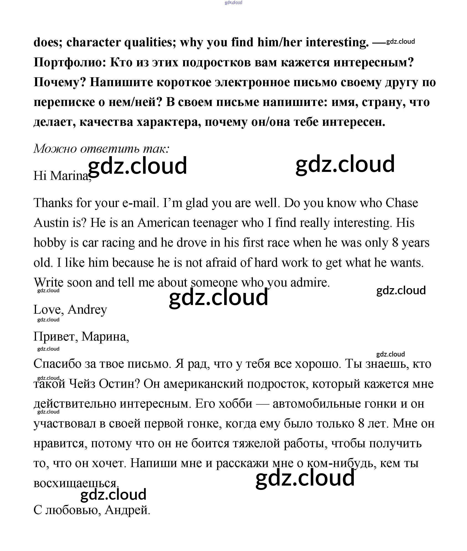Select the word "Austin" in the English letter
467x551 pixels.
coord(51,223)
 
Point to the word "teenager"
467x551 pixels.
coord(215,223)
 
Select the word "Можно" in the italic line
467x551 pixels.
coord(55,149)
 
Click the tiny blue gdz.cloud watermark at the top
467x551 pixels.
coord(233,3)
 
